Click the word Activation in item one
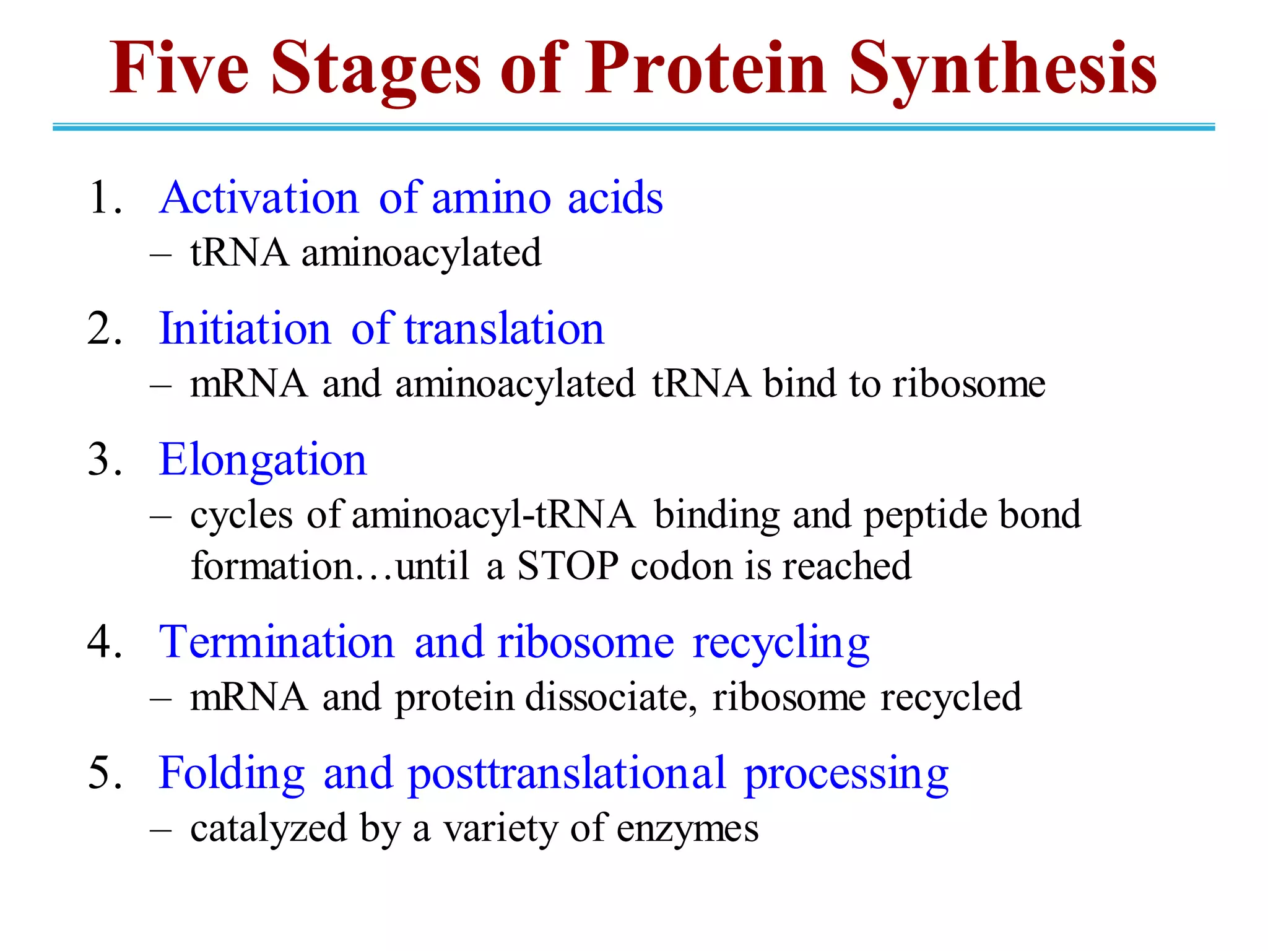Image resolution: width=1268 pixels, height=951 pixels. [259, 198]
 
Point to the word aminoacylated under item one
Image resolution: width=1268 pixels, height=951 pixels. [421, 254]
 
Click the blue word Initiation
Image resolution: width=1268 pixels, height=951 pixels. [245, 329]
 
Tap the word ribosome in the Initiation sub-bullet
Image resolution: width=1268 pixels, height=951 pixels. [968, 384]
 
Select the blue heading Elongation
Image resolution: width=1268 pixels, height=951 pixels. [263, 460]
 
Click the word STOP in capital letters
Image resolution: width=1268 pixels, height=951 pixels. [567, 566]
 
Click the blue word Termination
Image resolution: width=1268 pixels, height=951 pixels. [276, 642]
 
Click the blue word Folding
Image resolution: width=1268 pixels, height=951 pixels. [232, 774]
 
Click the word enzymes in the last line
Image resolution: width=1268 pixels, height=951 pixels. [687, 830]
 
